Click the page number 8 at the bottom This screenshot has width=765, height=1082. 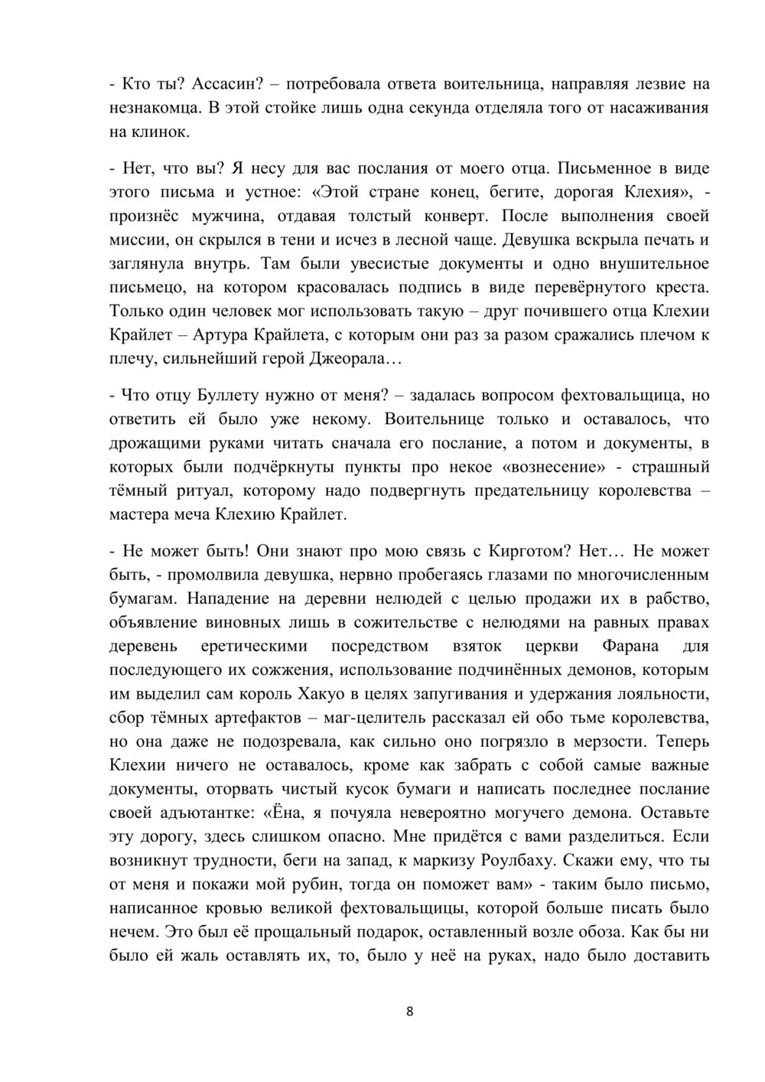409,1012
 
